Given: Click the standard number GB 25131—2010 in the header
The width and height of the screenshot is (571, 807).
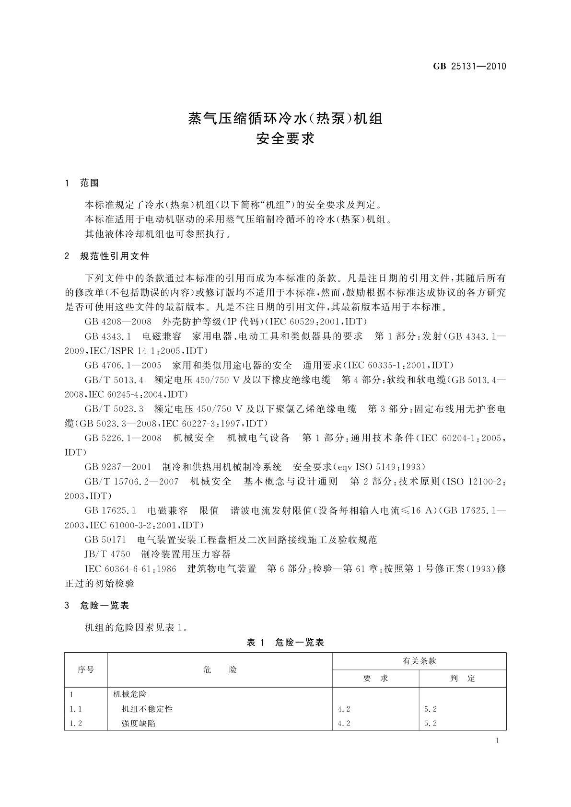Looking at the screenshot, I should point(469,67).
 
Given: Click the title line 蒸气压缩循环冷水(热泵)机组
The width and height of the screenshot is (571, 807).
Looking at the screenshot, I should point(285,118).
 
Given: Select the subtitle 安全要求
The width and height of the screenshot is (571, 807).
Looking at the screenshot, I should point(285,139).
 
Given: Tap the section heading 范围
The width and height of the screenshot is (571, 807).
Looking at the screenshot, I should point(90,183).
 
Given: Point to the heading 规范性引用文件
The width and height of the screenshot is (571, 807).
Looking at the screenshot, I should point(115,256).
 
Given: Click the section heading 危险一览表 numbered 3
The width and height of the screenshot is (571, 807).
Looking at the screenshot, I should point(105,606).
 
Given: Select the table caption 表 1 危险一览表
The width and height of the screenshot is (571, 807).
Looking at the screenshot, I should point(285,643).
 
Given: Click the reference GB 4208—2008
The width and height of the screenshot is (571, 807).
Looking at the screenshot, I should point(118,322).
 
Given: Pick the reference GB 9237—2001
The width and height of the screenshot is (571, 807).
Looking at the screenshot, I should point(118,467).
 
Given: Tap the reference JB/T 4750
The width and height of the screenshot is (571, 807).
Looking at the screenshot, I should point(107,554).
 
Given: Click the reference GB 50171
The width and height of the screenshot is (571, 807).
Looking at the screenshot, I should point(105,540).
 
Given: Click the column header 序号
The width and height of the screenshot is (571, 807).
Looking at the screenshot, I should point(86,669).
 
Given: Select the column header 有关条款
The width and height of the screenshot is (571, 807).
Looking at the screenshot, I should point(420,661).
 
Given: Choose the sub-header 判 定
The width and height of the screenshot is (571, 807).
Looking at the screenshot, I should point(463,678).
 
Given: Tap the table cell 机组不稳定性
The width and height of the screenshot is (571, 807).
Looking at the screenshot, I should point(147,709).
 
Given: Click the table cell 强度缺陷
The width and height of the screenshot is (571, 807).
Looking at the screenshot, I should point(139,723).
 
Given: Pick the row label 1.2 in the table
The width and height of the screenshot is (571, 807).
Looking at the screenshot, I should point(76,723).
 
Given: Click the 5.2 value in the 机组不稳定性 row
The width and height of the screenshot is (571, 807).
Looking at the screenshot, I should point(431,709).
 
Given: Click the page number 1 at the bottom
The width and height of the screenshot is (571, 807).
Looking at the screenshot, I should point(497,741).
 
